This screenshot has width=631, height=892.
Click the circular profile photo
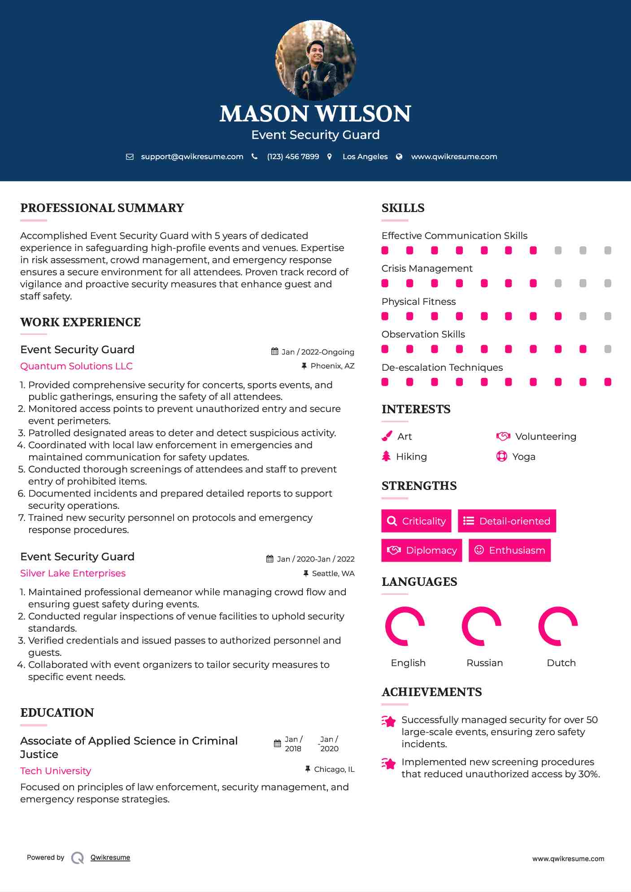point(315,60)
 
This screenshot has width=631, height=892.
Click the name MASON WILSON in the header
point(315,114)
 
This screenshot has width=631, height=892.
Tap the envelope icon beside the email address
point(130,157)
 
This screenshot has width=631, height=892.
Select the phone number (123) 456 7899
point(293,157)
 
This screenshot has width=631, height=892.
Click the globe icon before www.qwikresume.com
point(399,157)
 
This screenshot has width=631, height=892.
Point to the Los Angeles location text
point(365,157)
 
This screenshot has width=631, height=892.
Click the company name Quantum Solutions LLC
point(76,366)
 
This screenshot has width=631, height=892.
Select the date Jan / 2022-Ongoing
point(318,352)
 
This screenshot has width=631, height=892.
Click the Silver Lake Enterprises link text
point(73,573)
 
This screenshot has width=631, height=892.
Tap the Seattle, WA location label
point(333,573)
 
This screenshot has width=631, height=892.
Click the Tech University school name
point(56,771)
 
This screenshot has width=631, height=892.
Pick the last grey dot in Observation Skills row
point(608,349)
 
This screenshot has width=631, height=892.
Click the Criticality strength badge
point(416,521)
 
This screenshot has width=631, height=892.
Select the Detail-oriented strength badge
point(507,521)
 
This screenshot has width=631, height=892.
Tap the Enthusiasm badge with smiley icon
point(509,550)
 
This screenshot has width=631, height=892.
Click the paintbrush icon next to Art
point(387,436)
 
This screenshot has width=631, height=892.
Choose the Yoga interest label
point(523,457)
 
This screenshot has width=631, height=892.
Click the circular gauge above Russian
point(482,626)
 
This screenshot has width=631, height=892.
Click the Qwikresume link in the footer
point(110,857)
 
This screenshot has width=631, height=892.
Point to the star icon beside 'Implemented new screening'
point(389,763)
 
